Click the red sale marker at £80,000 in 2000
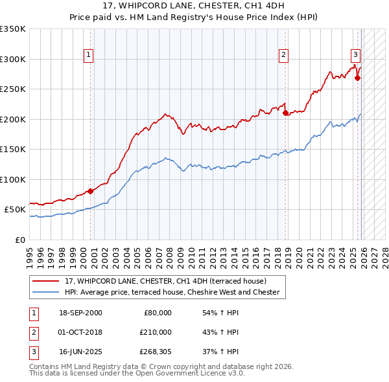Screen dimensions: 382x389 (90, 191)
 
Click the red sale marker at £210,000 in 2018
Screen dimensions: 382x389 (285, 113)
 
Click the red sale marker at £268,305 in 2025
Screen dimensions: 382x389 (357, 78)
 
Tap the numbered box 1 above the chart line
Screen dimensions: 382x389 (88, 55)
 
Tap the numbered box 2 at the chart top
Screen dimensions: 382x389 (284, 55)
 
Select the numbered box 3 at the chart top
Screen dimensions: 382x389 (356, 55)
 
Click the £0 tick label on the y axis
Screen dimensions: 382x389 (19, 240)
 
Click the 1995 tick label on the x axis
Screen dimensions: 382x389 (30, 253)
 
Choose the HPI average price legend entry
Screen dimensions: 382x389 (172, 292)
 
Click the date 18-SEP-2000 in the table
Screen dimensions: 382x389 (80, 313)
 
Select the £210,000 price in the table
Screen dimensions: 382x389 (156, 332)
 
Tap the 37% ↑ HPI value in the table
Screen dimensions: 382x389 (220, 352)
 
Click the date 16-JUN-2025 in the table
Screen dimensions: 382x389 (80, 352)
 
